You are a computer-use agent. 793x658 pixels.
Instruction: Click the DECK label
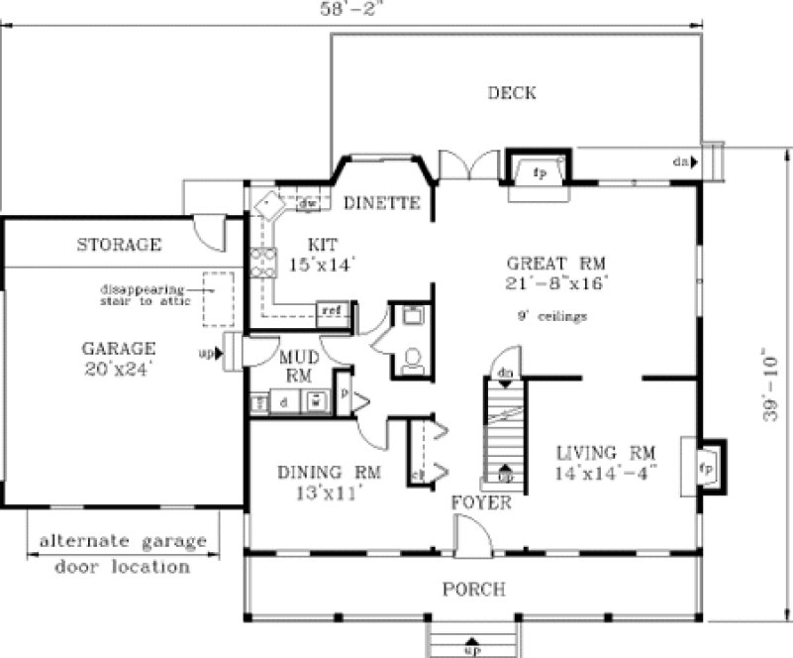pyautogui.click(x=512, y=93)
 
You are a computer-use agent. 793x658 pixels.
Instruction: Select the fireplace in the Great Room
pyautogui.click(x=540, y=169)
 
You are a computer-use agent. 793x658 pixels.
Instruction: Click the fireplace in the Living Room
pyautogui.click(x=706, y=464)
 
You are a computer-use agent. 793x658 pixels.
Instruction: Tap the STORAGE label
pyautogui.click(x=119, y=244)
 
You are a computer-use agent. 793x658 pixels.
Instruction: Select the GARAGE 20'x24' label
pyautogui.click(x=119, y=358)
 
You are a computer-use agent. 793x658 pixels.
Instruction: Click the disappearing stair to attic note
pyautogui.click(x=146, y=294)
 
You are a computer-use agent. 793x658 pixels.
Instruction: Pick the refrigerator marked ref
pyautogui.click(x=333, y=311)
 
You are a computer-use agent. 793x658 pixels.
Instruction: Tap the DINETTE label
pyautogui.click(x=382, y=203)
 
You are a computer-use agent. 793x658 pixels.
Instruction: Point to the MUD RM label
pyautogui.click(x=297, y=367)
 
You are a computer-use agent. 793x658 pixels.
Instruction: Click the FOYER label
pyautogui.click(x=481, y=502)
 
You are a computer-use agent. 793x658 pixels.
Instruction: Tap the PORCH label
pyautogui.click(x=474, y=590)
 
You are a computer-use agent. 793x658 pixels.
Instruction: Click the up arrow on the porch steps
pyautogui.click(x=472, y=642)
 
